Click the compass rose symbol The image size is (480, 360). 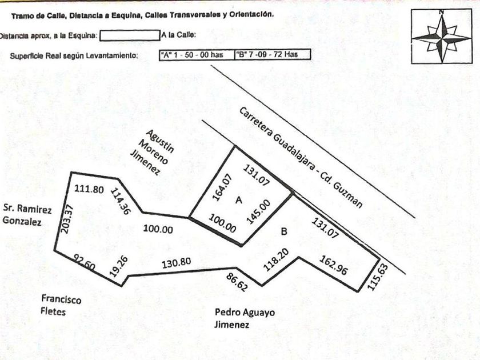441,37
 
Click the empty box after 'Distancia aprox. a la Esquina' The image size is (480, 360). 129,35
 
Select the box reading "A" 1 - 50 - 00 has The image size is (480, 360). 196,55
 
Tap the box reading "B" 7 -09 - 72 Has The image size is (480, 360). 273,55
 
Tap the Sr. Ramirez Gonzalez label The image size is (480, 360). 26,215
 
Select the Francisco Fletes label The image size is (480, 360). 61,305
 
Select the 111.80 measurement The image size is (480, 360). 89,189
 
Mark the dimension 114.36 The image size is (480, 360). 121,202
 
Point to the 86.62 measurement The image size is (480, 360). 237,282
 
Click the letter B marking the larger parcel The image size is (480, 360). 283,231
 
